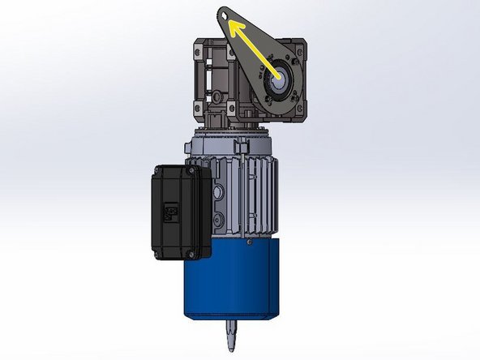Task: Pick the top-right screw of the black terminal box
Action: pyautogui.click(x=191, y=171)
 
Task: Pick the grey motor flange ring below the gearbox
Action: pyautogui.click(x=231, y=146)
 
